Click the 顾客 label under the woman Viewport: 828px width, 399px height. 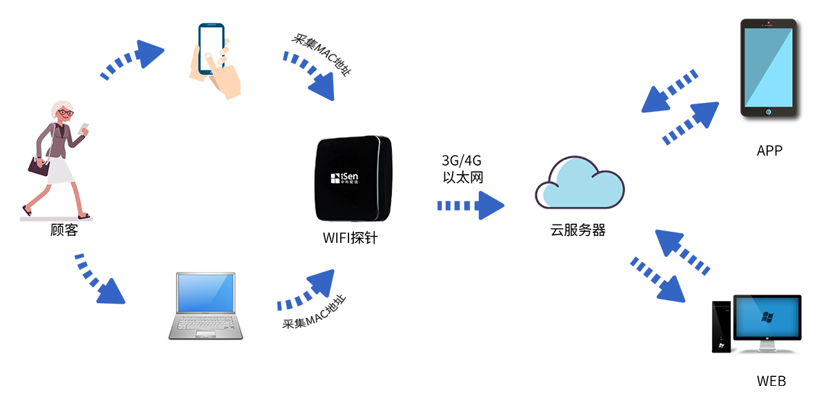pos(64,230)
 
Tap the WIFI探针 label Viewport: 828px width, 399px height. pos(350,239)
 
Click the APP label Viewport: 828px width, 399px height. pos(769,150)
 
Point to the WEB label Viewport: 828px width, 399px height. pos(771,381)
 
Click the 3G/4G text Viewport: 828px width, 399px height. pos(462,161)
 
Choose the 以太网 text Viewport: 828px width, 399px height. pos(462,177)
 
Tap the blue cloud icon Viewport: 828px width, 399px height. pos(580,184)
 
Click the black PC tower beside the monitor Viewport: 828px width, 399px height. pos(722,327)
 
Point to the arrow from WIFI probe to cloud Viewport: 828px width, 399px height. pos(471,206)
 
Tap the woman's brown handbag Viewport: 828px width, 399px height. pos(39,166)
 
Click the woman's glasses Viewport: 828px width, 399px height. pos(65,113)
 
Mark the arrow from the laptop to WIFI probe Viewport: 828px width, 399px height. pos(307,290)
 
